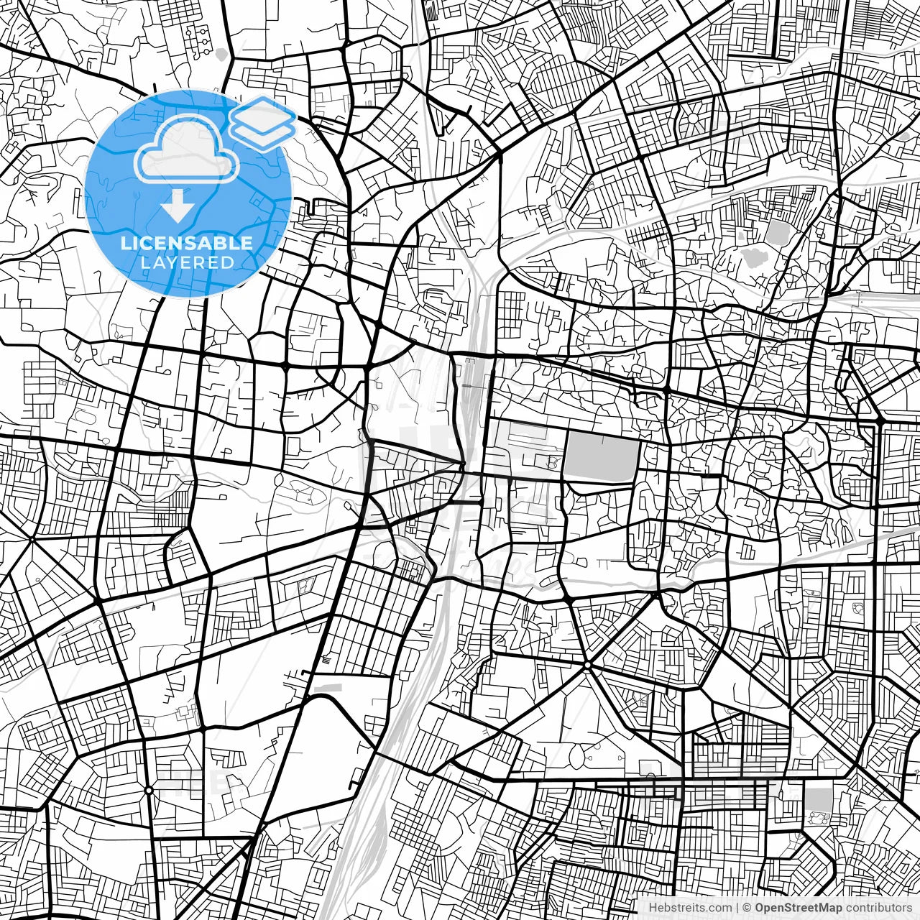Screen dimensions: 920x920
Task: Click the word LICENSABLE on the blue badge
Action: [187, 243]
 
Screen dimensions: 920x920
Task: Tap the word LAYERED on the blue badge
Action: [187, 263]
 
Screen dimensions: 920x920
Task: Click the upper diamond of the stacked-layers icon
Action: [262, 114]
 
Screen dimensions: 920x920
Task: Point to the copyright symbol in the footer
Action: [747, 908]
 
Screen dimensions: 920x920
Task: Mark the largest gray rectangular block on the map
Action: [602, 458]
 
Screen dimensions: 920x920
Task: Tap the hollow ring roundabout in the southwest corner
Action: [148, 790]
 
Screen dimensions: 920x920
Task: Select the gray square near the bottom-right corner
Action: [816, 799]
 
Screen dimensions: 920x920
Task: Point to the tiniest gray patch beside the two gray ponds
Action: [740, 235]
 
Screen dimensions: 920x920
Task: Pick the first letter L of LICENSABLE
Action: [125, 243]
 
